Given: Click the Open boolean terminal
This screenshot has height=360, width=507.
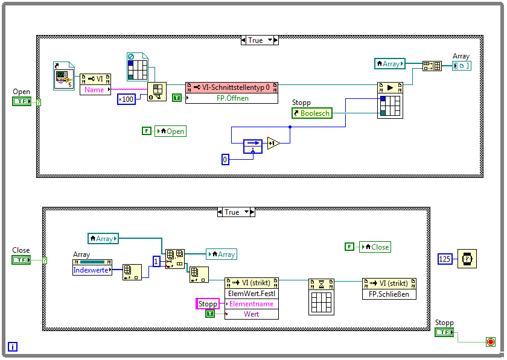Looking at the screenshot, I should pos(22,101).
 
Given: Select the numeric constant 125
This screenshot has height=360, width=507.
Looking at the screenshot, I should pos(445,259).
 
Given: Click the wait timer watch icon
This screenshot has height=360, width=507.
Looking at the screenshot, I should pos(467,258).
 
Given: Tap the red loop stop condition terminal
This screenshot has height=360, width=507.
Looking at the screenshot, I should pos(490,342).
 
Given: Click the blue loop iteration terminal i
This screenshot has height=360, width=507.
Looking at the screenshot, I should pos(13,347).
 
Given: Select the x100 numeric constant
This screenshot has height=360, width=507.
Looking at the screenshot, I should pos(126,99).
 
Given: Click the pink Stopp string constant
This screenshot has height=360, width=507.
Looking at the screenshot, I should pos(208,304).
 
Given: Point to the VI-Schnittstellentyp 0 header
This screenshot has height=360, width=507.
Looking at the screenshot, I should pos(232,87).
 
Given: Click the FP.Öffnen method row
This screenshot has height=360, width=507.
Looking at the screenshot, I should pos(232,98).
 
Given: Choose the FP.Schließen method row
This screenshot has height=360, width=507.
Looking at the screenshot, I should pos(389,294).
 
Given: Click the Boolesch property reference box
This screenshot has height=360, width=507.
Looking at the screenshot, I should pos(313,113).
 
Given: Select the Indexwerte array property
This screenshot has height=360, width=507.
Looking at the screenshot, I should pos(91,270).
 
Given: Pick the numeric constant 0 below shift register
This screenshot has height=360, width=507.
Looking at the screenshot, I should pos(226,159).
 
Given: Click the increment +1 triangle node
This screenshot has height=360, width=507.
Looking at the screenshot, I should pos(273,144).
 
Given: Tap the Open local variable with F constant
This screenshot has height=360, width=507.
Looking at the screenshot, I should pos(171,131).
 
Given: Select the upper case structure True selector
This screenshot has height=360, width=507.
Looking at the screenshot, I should pos(260,40).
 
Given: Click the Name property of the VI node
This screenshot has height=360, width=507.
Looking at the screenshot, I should pos(95,89).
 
